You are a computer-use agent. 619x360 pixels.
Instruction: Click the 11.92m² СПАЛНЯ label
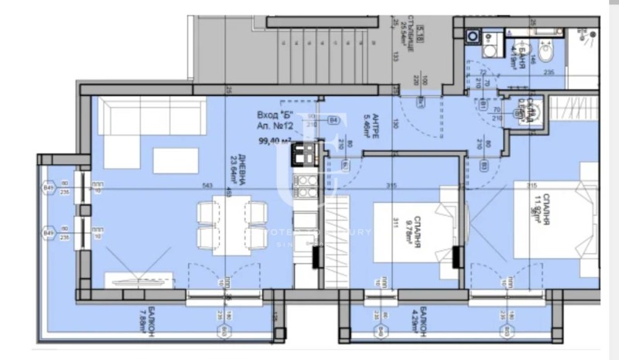(x=533, y=205)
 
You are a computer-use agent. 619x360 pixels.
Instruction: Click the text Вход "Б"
(x=272, y=115)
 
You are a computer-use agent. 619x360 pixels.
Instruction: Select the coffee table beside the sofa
(x=176, y=159)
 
